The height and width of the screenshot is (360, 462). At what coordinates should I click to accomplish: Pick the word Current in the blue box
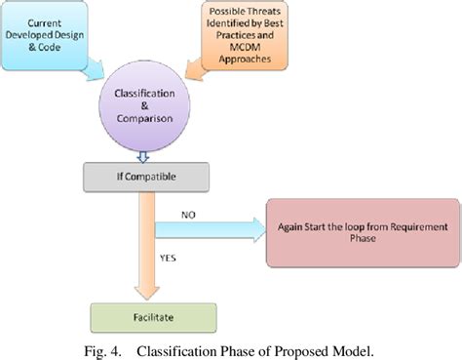click(54, 22)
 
